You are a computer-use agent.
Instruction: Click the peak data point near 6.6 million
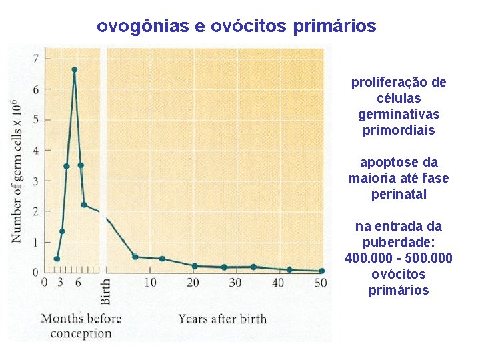(x=74, y=69)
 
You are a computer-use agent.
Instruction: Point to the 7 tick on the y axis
(x=37, y=58)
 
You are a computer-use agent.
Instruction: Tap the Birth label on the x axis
(x=105, y=291)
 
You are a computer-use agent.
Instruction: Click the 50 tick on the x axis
(x=321, y=283)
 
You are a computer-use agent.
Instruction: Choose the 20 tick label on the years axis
(x=193, y=283)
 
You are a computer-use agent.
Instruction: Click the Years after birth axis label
(x=222, y=319)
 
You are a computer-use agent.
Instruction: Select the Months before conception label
(x=81, y=325)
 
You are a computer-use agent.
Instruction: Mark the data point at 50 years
(x=321, y=271)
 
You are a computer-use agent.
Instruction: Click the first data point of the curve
(x=57, y=259)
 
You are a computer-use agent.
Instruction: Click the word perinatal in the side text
(x=398, y=194)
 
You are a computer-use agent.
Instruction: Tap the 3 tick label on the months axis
(x=61, y=283)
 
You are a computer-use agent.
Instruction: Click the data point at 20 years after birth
(x=194, y=266)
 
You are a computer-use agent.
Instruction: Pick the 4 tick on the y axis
(x=37, y=150)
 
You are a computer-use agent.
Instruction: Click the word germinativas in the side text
(x=398, y=115)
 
